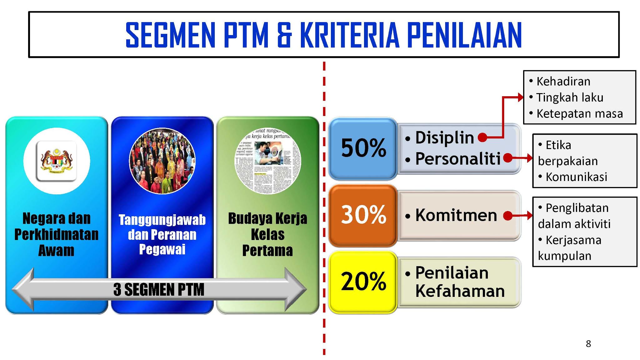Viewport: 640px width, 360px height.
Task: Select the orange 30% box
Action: tap(363, 215)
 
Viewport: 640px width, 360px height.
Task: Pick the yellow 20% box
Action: tap(363, 282)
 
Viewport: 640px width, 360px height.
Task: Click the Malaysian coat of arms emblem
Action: tap(57, 161)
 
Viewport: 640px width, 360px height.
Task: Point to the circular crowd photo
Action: tap(162, 161)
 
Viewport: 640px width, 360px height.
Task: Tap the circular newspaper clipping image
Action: tap(268, 161)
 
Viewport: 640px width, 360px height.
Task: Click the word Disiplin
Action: tap(444, 138)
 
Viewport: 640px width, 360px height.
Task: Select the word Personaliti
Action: tap(458, 159)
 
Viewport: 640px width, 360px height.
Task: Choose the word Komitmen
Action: tap(456, 215)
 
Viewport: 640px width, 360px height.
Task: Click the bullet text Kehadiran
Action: tap(563, 82)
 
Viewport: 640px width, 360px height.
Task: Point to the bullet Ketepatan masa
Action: tap(580, 114)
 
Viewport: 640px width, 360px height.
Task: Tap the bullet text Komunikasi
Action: tap(576, 177)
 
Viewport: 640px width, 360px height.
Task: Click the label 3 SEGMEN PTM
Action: tap(159, 289)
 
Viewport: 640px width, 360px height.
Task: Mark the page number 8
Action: tap(588, 344)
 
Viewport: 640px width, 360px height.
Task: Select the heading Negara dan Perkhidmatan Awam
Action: tap(57, 234)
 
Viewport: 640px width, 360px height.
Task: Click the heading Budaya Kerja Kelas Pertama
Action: tap(268, 234)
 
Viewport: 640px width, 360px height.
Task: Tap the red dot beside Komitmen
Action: tap(508, 215)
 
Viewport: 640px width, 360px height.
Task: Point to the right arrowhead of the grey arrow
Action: tap(295, 289)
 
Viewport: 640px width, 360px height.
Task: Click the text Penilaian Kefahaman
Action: tap(459, 282)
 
